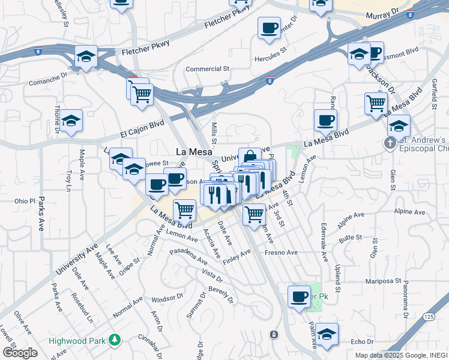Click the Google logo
point(20,353)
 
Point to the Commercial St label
point(208,69)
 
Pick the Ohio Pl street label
point(25,200)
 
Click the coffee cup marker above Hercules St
point(269,28)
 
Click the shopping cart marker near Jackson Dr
point(376,103)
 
